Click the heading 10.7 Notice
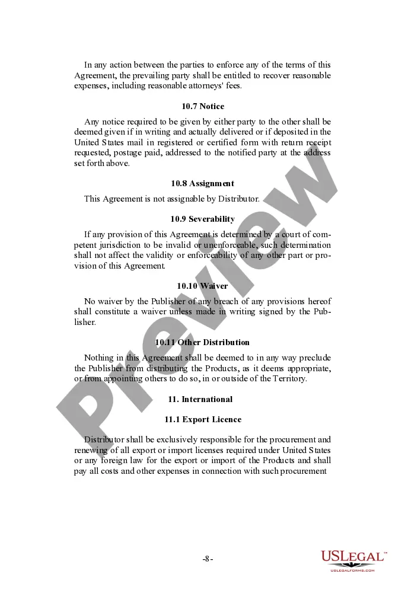click(203, 107)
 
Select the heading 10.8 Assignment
click(203, 184)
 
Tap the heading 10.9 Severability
click(203, 219)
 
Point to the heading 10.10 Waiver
click(203, 286)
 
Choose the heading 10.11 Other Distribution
click(203, 343)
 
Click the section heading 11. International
click(203, 399)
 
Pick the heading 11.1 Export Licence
click(203, 420)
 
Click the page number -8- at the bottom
click(208, 559)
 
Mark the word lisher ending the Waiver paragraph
click(84, 323)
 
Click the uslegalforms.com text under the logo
click(353, 570)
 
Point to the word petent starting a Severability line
click(85, 246)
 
